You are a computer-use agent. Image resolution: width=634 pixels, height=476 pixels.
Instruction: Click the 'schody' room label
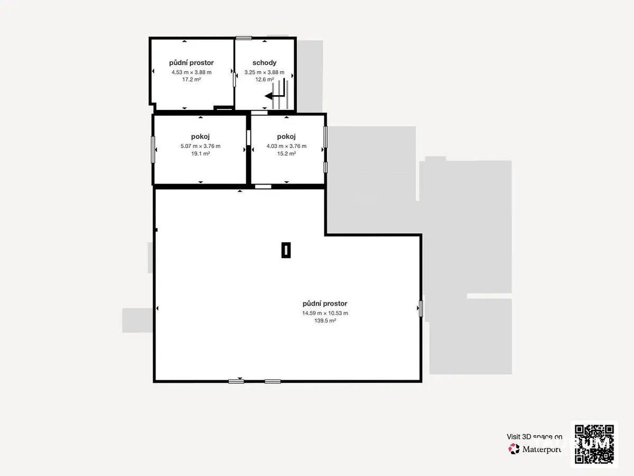tap(264, 63)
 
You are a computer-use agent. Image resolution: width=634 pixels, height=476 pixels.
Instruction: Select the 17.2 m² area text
tap(191, 79)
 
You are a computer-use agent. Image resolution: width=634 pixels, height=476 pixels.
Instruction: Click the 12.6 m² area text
tap(265, 79)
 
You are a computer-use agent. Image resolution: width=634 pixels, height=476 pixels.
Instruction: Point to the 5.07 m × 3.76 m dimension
tap(200, 147)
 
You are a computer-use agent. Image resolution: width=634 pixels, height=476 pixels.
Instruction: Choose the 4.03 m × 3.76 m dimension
tap(286, 147)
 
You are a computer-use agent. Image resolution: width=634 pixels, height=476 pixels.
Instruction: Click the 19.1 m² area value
tap(200, 154)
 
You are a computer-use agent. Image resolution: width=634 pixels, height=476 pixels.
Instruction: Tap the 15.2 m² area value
tap(286, 154)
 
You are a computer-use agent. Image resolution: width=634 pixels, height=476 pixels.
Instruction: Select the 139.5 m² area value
tap(325, 321)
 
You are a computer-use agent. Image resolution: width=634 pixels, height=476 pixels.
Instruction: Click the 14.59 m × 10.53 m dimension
tap(325, 313)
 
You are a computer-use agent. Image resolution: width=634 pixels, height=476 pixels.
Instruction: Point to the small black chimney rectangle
tap(286, 250)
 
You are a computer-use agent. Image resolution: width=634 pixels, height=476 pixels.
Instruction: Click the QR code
tap(594, 444)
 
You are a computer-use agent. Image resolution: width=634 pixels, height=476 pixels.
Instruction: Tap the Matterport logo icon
tap(514, 449)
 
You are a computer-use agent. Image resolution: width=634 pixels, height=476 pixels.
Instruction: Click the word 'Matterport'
tap(542, 450)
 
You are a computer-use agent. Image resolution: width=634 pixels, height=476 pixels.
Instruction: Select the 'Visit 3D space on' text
tap(534, 437)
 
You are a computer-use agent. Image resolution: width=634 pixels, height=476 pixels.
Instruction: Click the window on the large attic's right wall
tap(421, 309)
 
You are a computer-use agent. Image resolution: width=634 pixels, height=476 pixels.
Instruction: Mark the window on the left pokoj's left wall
tap(153, 150)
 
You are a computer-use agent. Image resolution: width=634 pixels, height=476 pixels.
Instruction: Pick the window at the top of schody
tap(244, 38)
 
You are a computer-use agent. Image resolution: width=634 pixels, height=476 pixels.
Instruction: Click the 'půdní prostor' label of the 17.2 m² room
tap(191, 63)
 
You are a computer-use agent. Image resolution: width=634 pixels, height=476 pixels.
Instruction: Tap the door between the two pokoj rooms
tap(248, 138)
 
